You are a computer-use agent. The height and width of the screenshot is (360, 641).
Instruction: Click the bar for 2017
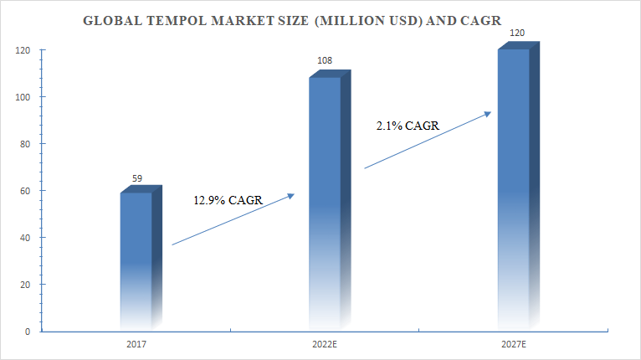coord(136,260)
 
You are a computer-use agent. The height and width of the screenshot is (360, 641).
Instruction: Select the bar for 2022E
coord(325,201)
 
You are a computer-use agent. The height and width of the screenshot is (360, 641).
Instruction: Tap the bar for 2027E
coord(513,188)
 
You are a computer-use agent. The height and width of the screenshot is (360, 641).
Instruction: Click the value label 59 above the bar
coord(138,178)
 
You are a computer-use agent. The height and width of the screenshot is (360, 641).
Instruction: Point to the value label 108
coord(326,61)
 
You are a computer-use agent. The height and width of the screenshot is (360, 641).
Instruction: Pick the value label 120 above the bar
coord(517,34)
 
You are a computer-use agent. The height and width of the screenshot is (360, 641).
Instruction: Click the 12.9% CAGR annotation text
coord(227,201)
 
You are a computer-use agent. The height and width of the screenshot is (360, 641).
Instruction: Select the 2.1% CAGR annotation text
coord(408,126)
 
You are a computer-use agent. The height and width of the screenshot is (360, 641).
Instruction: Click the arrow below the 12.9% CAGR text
coord(233,219)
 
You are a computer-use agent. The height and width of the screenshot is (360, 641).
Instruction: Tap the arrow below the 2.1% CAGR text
coord(427,140)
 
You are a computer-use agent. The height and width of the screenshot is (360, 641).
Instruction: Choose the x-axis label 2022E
coord(325,343)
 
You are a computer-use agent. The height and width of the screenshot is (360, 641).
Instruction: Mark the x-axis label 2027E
coord(512,343)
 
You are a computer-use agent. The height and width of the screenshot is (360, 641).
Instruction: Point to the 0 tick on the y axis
coord(27,332)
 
